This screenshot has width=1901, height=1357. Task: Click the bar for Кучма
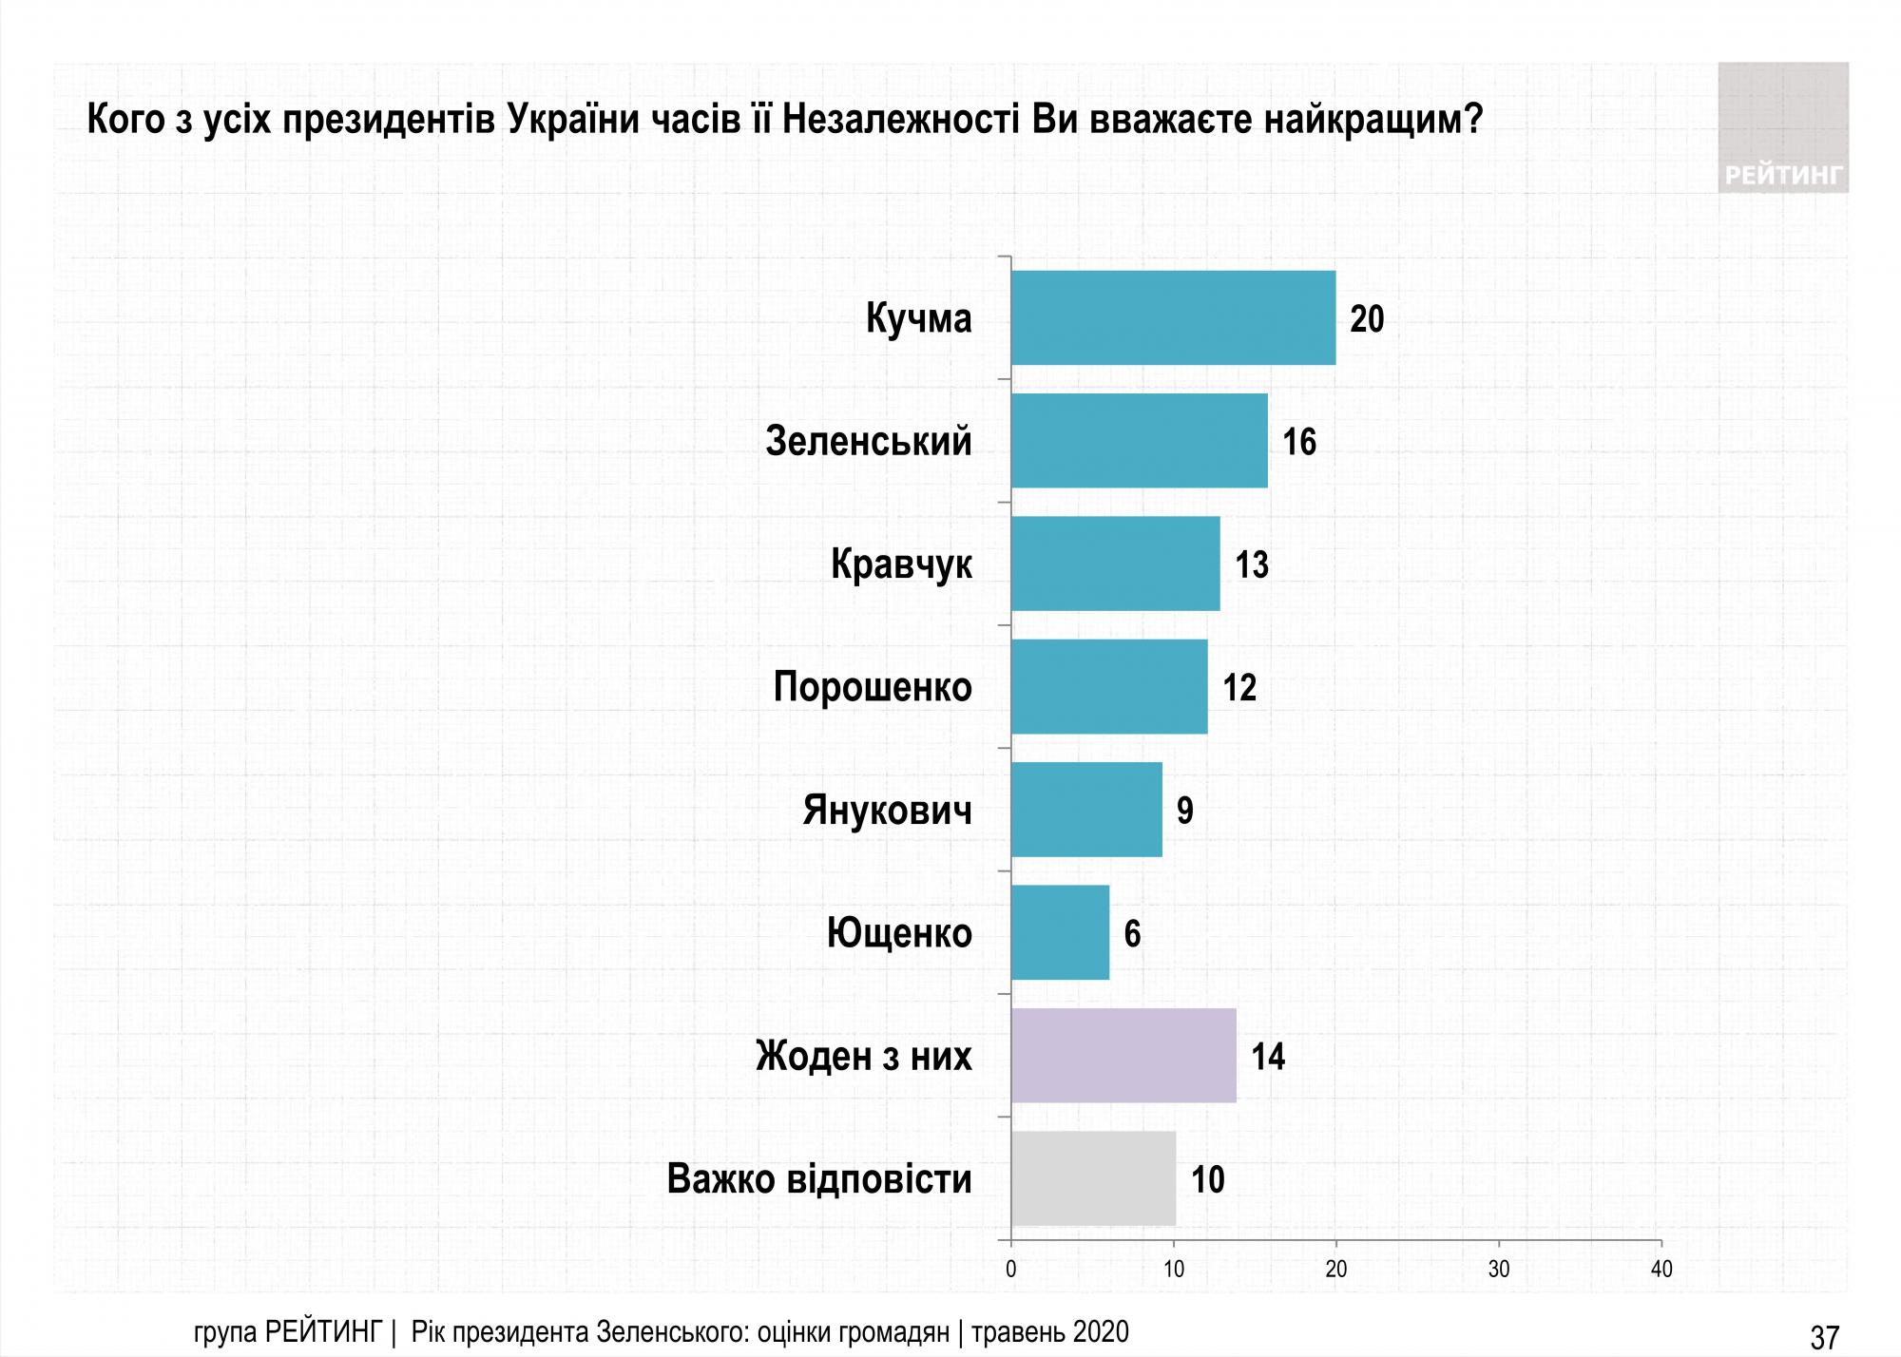(1173, 317)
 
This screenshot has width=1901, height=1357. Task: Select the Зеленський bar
(1139, 441)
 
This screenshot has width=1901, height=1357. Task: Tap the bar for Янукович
(1086, 810)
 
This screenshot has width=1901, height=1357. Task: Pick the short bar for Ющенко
(1060, 932)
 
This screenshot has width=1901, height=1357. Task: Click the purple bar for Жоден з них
(1123, 1056)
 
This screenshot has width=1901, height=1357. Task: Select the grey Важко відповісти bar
(1093, 1178)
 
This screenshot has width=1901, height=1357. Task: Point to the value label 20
(1367, 319)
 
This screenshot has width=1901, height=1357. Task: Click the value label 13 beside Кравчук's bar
(1252, 565)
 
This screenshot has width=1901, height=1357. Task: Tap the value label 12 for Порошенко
(1239, 688)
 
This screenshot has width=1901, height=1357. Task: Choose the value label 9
(1185, 811)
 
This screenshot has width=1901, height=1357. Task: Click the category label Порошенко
(873, 687)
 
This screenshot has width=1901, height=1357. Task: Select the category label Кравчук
(901, 564)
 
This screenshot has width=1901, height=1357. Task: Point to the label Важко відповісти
(819, 1179)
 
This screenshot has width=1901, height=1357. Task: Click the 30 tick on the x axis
(1499, 1270)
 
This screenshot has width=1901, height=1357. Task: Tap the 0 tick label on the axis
(1010, 1270)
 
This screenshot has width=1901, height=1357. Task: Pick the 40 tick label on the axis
(1661, 1270)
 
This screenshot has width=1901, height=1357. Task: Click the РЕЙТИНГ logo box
(1783, 128)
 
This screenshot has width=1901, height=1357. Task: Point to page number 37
(1825, 1338)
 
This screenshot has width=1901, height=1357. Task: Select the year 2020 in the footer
(1102, 1332)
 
